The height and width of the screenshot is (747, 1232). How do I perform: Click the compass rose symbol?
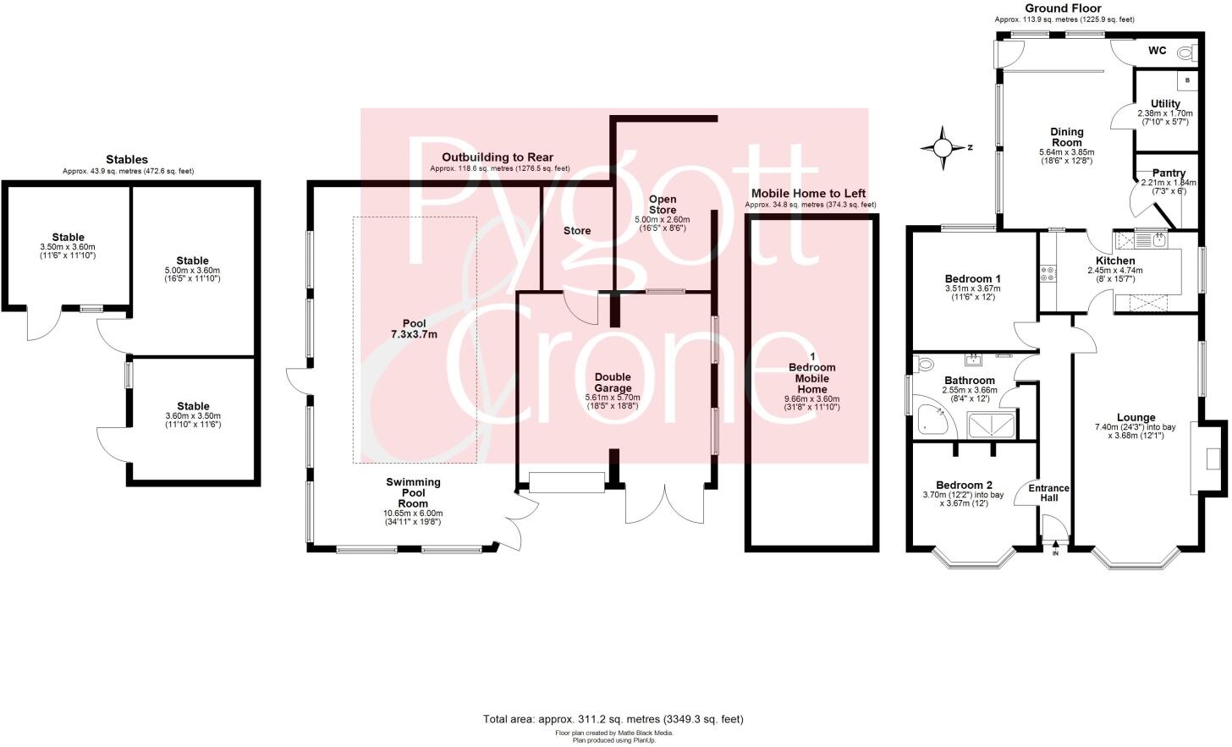tap(941, 148)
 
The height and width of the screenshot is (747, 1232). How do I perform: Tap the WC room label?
tap(1157, 51)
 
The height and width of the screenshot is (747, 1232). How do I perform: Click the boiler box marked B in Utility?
tap(1188, 80)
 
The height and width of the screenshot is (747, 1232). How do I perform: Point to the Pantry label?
tap(1169, 173)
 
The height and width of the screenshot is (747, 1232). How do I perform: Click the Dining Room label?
tap(1066, 137)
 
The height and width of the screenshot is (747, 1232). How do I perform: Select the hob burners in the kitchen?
tap(1048, 273)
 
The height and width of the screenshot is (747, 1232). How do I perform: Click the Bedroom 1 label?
tap(972, 279)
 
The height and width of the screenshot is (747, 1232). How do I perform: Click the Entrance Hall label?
tap(1048, 493)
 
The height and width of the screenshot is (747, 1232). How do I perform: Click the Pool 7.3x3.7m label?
tap(415, 328)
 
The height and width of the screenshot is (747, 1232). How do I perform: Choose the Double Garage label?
tap(613, 382)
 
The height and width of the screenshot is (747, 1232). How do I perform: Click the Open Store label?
tap(662, 205)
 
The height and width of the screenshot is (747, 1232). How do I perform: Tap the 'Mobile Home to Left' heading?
tap(808, 194)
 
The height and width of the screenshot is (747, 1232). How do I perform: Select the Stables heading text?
tap(127, 159)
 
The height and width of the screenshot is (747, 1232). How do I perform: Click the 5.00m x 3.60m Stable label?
tap(192, 261)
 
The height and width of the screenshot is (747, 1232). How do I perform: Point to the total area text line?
tap(613, 719)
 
